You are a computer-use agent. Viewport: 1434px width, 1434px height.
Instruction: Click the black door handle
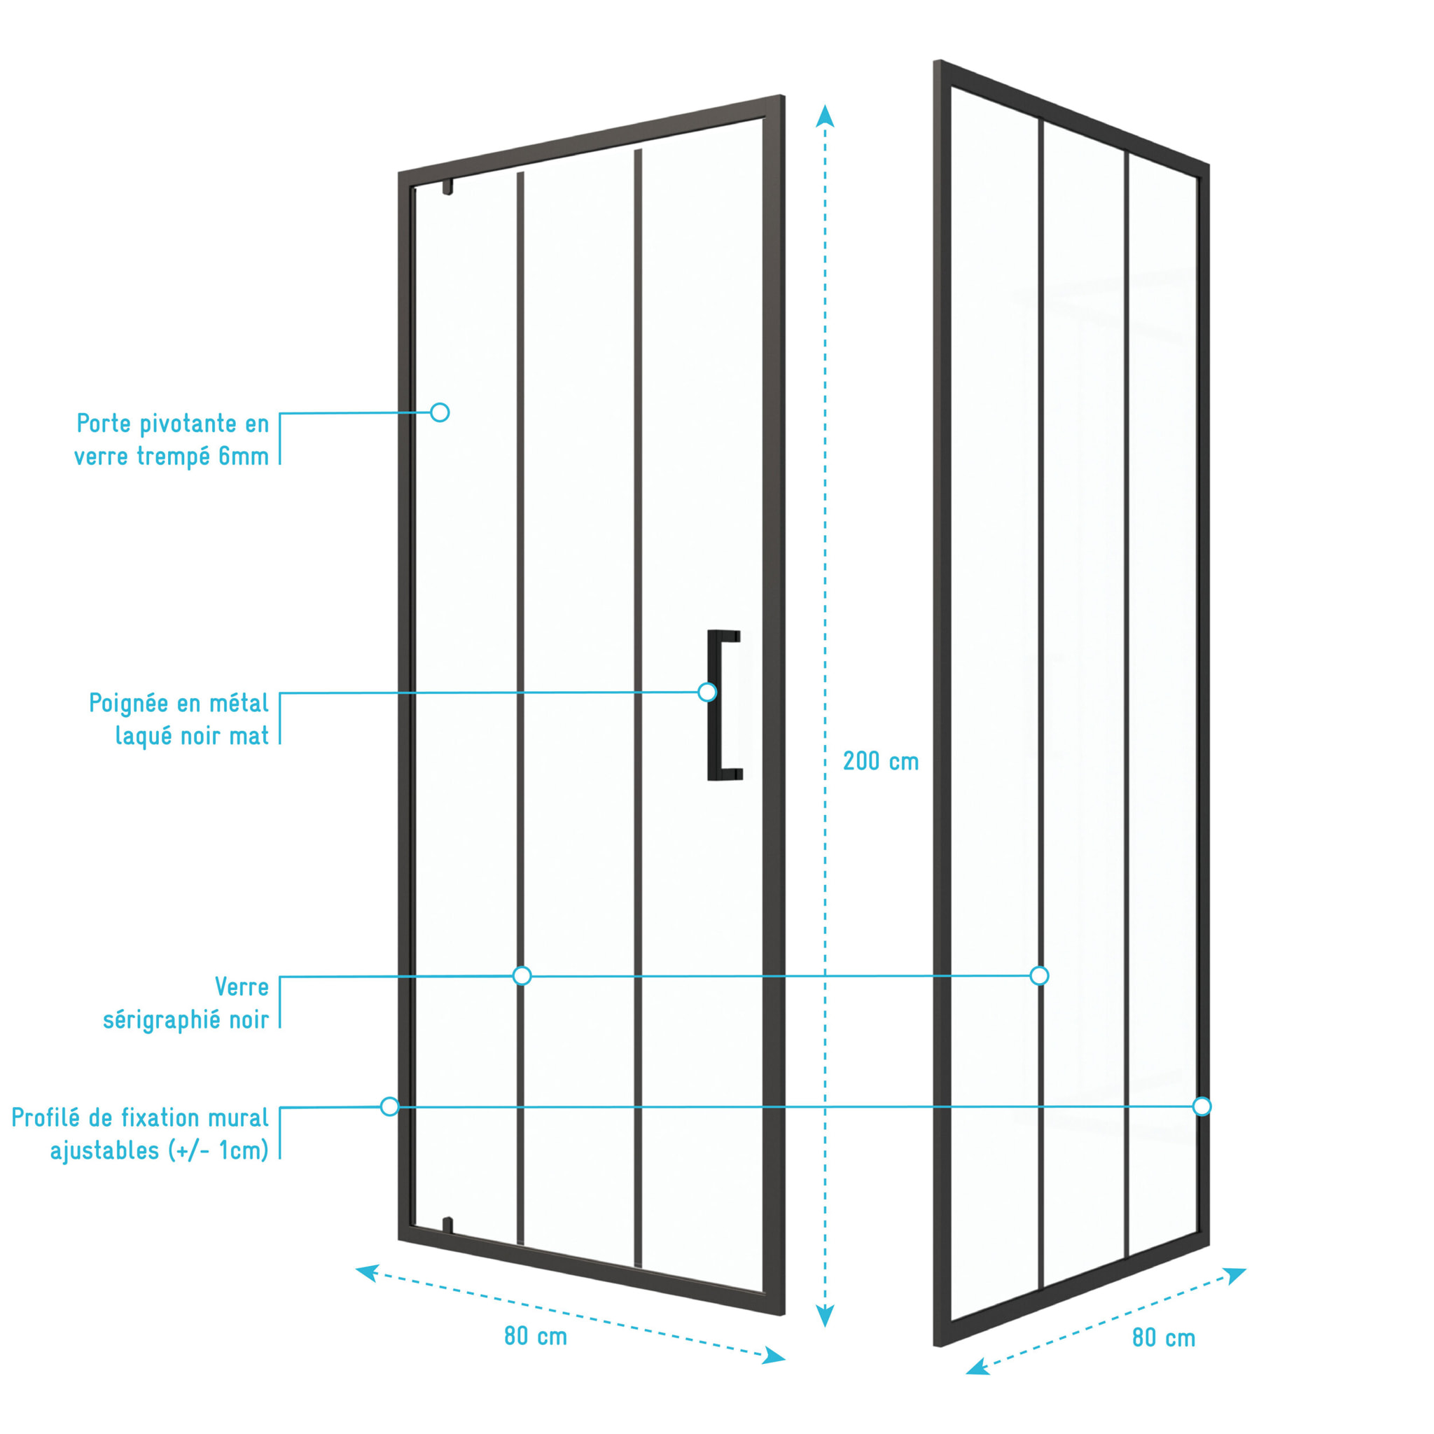coord(713,705)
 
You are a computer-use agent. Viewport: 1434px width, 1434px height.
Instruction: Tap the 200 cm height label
coord(881,762)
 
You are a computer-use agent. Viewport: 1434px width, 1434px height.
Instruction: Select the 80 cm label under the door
coord(536,1337)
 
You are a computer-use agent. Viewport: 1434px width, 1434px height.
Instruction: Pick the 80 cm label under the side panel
coord(1164,1338)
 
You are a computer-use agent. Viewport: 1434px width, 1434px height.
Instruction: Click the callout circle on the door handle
coord(707,692)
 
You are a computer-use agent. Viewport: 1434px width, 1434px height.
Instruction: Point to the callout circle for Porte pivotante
coord(440,412)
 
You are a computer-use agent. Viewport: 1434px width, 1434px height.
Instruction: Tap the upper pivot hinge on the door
coord(447,187)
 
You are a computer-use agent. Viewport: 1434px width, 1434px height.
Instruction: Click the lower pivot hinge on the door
coord(447,1225)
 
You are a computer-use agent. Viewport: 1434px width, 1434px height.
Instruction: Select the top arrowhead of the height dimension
coord(825,116)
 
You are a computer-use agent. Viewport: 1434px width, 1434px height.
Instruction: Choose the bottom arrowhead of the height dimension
coord(825,1315)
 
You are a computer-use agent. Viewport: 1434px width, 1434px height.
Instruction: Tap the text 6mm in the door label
coord(244,457)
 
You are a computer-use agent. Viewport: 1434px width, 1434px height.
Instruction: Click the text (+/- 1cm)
coord(218,1151)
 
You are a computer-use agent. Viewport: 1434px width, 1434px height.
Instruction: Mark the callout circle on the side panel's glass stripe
coord(1040,975)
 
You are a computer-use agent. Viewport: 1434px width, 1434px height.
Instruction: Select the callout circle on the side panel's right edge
coord(1202,1107)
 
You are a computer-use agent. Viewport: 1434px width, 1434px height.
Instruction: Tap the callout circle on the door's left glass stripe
coord(522,975)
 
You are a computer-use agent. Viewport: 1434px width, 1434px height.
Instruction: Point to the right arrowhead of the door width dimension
coord(775,1356)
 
